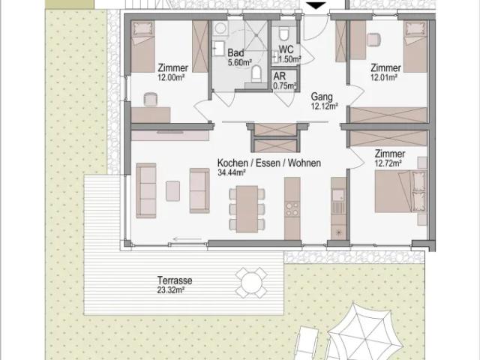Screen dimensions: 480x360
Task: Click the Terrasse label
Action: [175, 280]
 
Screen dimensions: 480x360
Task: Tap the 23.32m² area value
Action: [170, 290]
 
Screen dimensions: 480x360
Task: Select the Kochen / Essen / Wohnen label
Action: [269, 163]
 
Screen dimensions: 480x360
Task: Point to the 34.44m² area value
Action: [232, 172]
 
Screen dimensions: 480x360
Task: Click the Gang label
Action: [322, 97]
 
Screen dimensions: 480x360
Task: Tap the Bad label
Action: [235, 52]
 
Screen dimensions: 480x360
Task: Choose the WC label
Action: [286, 49]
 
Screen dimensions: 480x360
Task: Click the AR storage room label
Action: [280, 76]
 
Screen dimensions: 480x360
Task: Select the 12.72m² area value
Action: [388, 163]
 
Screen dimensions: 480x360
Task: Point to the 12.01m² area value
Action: [384, 77]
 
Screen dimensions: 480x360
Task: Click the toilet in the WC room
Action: [283, 33]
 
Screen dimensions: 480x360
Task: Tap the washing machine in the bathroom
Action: [220, 28]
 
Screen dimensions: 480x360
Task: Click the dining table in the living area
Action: [247, 209]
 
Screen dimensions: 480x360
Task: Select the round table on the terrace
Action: [251, 283]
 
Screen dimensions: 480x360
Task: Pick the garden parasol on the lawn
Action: [365, 333]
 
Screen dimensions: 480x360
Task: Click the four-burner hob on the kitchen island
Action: [292, 209]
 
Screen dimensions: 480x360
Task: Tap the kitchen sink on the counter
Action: [338, 195]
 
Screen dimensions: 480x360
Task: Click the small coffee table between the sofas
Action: [172, 191]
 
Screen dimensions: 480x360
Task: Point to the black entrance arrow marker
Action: [316, 5]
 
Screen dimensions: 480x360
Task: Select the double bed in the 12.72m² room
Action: [400, 192]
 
